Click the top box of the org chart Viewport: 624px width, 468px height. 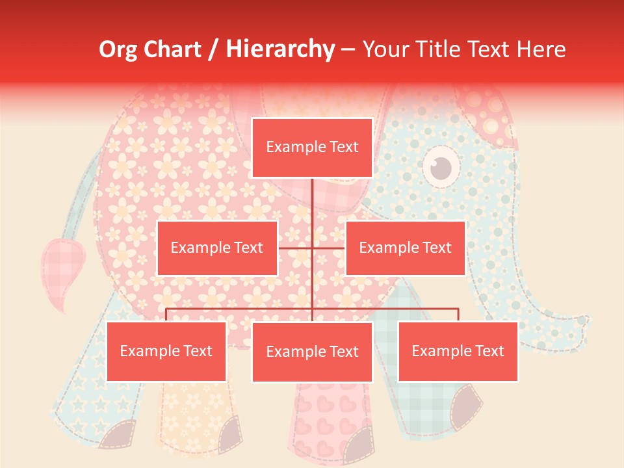(312, 148)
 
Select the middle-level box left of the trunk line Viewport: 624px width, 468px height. (217, 248)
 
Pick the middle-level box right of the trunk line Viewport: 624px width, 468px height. (405, 248)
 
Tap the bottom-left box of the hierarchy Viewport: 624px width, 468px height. (166, 352)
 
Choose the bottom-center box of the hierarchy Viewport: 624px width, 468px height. (312, 352)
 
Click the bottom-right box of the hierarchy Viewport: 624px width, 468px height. (458, 352)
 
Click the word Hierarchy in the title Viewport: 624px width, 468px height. (280, 49)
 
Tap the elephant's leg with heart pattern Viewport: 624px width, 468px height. (325, 416)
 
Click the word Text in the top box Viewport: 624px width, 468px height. (343, 148)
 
